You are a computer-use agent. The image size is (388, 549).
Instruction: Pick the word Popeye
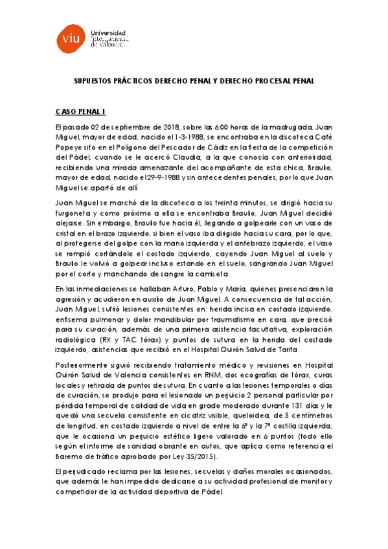pos(70,147)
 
